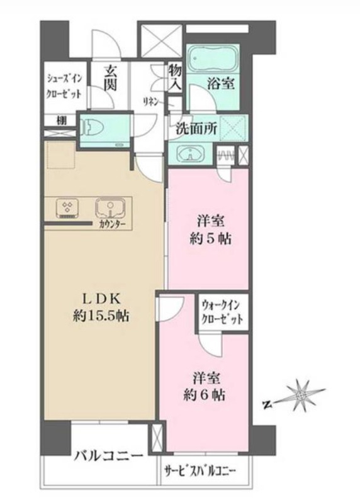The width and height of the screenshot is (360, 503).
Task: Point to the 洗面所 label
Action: (x=196, y=126)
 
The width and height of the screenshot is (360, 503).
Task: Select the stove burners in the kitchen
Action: (x=67, y=208)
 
